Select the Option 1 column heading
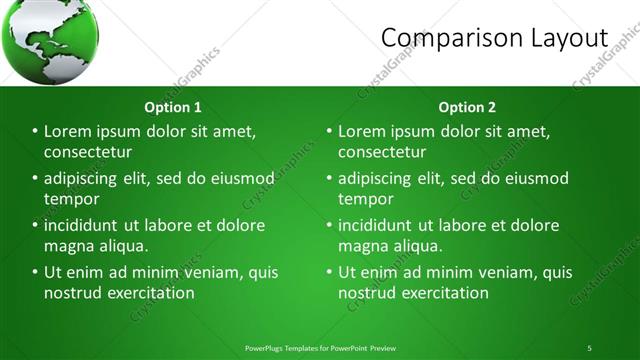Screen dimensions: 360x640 pyautogui.click(x=173, y=107)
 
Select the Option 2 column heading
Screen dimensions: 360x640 pyautogui.click(x=467, y=107)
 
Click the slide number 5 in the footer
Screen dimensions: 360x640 pyautogui.click(x=589, y=348)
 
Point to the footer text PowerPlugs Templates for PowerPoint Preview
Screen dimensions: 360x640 pyautogui.click(x=320, y=348)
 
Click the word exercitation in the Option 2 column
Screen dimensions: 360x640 pyautogui.click(x=442, y=293)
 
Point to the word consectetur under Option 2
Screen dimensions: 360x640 pyautogui.click(x=382, y=152)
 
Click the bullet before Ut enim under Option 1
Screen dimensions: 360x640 pyautogui.click(x=35, y=272)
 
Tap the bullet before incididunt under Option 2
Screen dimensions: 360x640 pyautogui.click(x=329, y=225)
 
